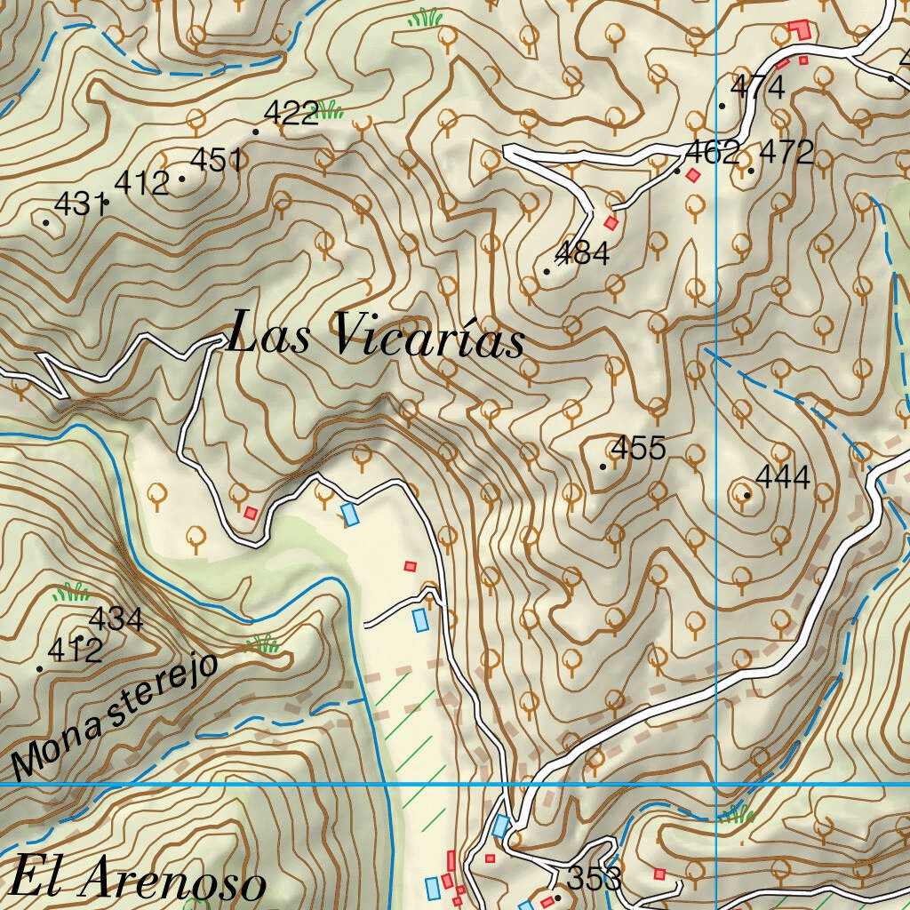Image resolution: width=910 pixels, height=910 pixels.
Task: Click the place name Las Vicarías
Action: (x=375, y=337)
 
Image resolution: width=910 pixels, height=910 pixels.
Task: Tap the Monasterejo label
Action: (x=115, y=714)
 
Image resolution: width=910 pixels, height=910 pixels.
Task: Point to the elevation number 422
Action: (x=291, y=113)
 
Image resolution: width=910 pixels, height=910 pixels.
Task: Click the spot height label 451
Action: (x=217, y=160)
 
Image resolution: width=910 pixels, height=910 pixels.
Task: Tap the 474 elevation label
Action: (x=757, y=87)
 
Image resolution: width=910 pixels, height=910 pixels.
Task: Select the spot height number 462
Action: (x=712, y=152)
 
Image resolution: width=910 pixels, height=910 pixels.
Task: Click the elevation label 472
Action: (x=786, y=152)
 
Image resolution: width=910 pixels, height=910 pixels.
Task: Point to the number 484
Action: (x=582, y=253)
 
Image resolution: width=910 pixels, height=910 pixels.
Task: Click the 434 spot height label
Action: (x=116, y=619)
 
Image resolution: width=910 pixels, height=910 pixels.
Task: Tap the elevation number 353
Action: (x=593, y=879)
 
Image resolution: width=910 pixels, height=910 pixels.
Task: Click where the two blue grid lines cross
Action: (x=716, y=785)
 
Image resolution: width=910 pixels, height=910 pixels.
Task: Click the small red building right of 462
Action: (x=693, y=175)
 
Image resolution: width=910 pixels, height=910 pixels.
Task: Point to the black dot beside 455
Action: (x=603, y=466)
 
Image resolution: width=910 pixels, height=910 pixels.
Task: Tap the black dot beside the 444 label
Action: (x=746, y=495)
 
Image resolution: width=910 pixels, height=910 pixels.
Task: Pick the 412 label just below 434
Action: (x=75, y=651)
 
